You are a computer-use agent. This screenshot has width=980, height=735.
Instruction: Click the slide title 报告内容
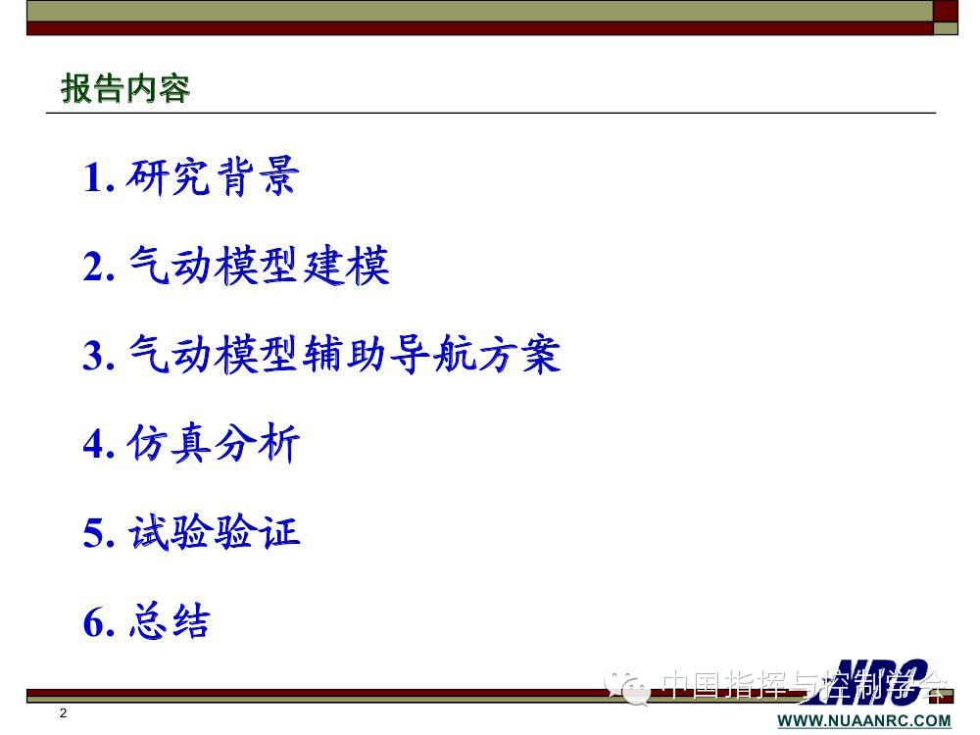coord(125,88)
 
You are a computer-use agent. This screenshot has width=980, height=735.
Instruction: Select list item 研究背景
coord(213,176)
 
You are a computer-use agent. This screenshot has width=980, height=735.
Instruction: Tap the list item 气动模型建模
coord(260,266)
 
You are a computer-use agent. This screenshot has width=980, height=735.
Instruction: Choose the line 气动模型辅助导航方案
coord(344,355)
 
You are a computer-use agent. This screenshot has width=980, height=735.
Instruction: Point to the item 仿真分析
coord(213,443)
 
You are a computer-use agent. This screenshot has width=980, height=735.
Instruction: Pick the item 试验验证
coord(215,532)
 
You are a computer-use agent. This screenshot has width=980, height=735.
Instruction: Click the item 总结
coord(170,621)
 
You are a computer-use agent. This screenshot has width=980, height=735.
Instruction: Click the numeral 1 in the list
coord(93,177)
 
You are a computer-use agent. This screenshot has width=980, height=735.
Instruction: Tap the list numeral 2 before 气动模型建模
coord(94,267)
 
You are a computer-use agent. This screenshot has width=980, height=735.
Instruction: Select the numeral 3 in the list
coord(94,356)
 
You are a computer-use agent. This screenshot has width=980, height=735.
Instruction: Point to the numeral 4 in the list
coord(94,444)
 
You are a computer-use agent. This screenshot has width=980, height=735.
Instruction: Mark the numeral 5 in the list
coord(94,534)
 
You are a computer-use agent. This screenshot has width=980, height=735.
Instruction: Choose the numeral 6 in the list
coord(94,622)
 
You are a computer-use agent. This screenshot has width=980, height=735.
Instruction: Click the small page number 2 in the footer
coord(63,713)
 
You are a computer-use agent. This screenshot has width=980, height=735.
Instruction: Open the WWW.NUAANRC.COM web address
coord(864,720)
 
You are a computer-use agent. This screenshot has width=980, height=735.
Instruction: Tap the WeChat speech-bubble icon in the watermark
coord(627,688)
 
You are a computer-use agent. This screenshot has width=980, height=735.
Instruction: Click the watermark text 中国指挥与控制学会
coord(805,684)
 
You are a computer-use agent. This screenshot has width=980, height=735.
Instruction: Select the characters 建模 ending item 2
coord(347,266)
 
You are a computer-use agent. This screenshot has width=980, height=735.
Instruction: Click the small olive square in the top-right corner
coord(946,28)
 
